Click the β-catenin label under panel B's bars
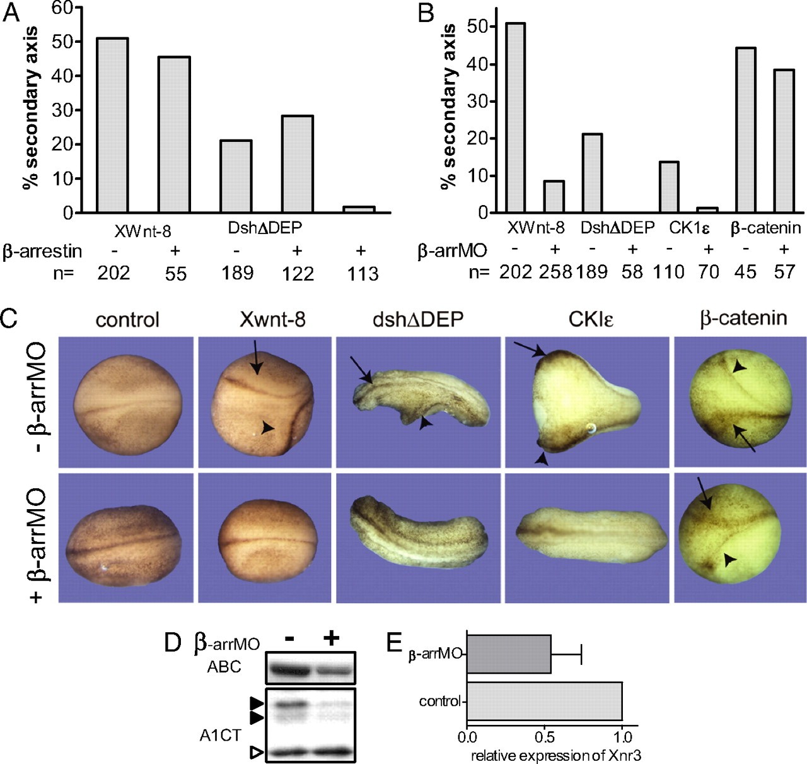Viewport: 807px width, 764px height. [765, 228]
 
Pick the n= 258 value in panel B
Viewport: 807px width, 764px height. [555, 272]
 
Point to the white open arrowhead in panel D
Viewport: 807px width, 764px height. [256, 751]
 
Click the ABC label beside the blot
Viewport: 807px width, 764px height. [224, 666]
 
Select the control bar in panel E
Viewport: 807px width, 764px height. [544, 701]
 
